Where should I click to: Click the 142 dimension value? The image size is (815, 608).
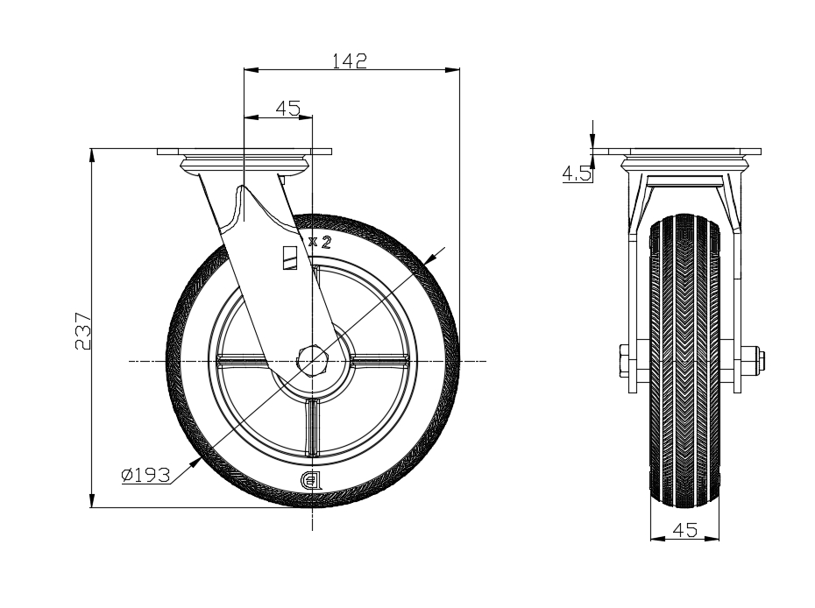349,60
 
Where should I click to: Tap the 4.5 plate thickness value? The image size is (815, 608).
576,173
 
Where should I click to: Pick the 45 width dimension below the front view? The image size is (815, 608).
684,529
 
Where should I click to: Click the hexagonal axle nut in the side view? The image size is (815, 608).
313,359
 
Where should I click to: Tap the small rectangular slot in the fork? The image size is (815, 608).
290,258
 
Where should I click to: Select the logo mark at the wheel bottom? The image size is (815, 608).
312,480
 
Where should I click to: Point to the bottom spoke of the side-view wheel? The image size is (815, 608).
313,426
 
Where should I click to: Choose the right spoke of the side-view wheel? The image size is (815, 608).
379,360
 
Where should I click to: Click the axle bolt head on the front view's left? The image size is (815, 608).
623,359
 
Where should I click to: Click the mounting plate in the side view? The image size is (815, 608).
245,152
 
